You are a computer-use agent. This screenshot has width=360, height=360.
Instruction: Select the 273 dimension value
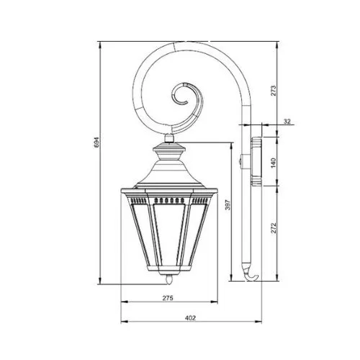[x=274, y=91]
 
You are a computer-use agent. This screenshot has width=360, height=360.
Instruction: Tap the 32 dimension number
[x=287, y=122]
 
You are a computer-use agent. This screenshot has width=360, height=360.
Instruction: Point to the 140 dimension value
[x=274, y=163]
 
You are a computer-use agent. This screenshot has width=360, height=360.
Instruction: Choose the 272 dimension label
[x=274, y=228]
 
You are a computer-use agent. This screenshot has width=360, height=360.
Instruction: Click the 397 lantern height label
[x=228, y=204]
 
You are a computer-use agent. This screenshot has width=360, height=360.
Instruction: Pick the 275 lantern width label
[x=168, y=298]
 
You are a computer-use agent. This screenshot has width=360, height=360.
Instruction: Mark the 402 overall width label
[x=190, y=318]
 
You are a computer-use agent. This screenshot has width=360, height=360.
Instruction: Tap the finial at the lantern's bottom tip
[x=169, y=279]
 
